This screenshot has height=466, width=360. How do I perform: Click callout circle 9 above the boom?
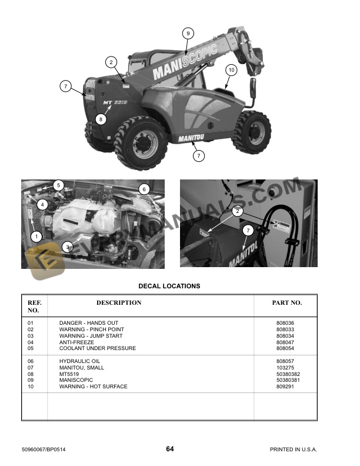tap(188, 34)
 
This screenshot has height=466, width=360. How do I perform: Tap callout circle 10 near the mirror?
tap(231, 70)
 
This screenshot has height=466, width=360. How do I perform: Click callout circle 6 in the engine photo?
tap(145, 189)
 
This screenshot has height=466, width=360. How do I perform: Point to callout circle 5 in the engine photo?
tap(58, 185)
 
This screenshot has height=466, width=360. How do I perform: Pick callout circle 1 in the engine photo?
tap(36, 237)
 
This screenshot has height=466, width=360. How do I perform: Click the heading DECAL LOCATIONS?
tap(169, 287)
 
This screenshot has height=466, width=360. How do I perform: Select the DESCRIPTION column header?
tap(119, 303)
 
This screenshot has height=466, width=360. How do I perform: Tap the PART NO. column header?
tap(287, 303)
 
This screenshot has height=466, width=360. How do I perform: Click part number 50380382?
tap(288, 374)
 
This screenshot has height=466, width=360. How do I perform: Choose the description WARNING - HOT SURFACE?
tap(93, 387)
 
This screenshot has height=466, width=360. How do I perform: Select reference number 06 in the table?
tap(32, 361)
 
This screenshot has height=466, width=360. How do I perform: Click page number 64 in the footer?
tap(169, 450)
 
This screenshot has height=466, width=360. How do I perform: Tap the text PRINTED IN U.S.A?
tap(293, 450)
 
